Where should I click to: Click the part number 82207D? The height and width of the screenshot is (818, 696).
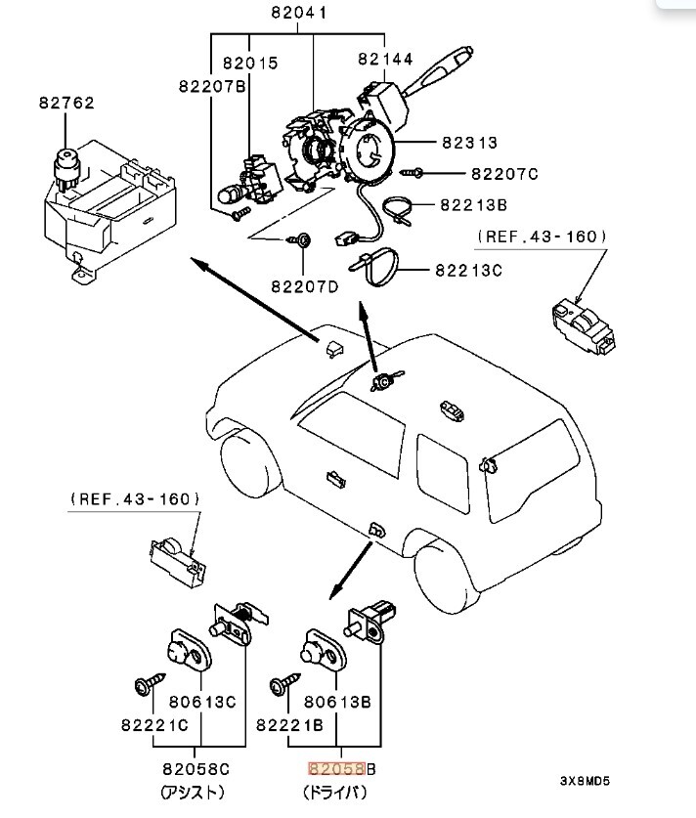pos(304,287)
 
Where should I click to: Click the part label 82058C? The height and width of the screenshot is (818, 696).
pos(203,769)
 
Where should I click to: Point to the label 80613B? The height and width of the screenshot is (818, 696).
pos(334,701)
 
